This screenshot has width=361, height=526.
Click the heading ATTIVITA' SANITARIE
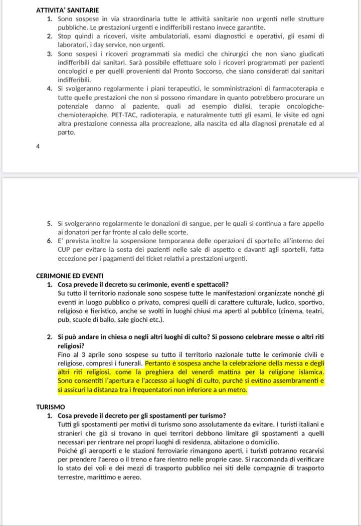coord(67,10)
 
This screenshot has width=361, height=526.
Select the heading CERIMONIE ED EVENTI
coord(70,276)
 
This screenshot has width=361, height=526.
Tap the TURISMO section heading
coord(51,407)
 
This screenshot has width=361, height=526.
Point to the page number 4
coord(38,147)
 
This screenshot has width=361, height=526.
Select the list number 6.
coord(50,241)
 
